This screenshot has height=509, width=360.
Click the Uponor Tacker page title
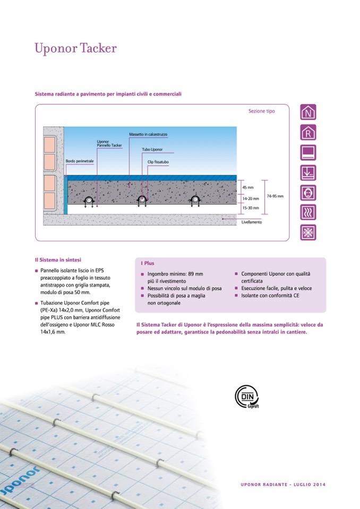pyautogui.click(x=75, y=48)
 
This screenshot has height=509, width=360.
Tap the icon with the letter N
pyautogui.click(x=308, y=112)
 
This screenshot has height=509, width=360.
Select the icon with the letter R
pyautogui.click(x=308, y=132)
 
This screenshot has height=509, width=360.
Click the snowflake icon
pyautogui.click(x=308, y=232)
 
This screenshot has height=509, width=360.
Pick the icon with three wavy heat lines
pyautogui.click(x=308, y=213)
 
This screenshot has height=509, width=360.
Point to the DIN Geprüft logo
pyautogui.click(x=247, y=396)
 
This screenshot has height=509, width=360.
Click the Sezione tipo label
pyautogui.click(x=261, y=111)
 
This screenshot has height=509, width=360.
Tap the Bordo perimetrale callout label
pyautogui.click(x=80, y=161)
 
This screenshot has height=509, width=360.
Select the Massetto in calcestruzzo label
pyautogui.click(x=148, y=134)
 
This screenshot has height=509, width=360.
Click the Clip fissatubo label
pyautogui.click(x=158, y=162)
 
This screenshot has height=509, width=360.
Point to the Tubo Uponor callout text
pyautogui.click(x=152, y=150)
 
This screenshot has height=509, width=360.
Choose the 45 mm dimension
pyautogui.click(x=248, y=187)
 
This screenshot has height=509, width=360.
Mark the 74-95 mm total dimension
pyautogui.click(x=275, y=196)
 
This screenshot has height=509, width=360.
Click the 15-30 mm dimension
pyautogui.click(x=251, y=208)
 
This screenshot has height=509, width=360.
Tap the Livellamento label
pyautogui.click(x=252, y=222)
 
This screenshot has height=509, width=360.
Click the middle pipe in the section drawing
pyautogui.click(x=142, y=200)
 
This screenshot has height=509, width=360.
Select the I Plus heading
pyautogui.click(x=148, y=263)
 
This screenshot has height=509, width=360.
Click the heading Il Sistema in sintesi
pyautogui.click(x=58, y=260)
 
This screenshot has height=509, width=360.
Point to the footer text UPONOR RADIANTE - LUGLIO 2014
pyautogui.click(x=283, y=485)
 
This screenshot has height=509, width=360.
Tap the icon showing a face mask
pyautogui.click(x=308, y=193)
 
